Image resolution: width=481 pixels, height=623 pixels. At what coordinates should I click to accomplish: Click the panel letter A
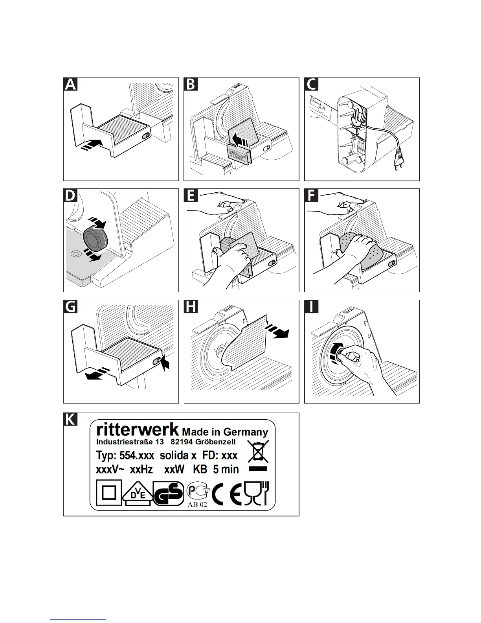pos(70,85)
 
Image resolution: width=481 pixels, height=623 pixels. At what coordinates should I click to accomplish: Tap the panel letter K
pos(70,419)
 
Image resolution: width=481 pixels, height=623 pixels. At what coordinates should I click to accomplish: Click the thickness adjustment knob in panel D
pos(94,238)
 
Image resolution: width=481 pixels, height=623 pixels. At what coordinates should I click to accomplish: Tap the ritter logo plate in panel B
pos(239,154)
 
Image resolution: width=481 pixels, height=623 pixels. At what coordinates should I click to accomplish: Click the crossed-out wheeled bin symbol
pos(258,451)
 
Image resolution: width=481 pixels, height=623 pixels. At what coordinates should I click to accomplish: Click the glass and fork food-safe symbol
pos(256,492)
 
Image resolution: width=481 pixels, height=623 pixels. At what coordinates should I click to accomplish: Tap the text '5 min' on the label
pos(226,469)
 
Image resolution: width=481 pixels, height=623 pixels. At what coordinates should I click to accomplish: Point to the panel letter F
pos(312,195)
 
